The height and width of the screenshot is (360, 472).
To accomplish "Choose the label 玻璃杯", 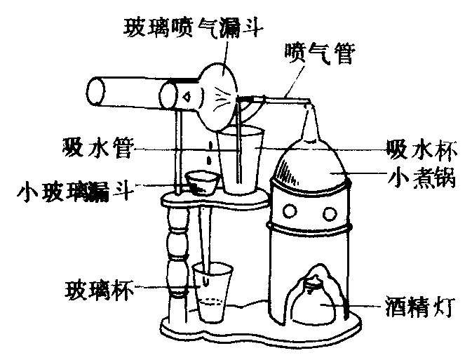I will click(95, 288).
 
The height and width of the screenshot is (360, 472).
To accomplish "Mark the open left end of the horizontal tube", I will click(98, 92).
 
